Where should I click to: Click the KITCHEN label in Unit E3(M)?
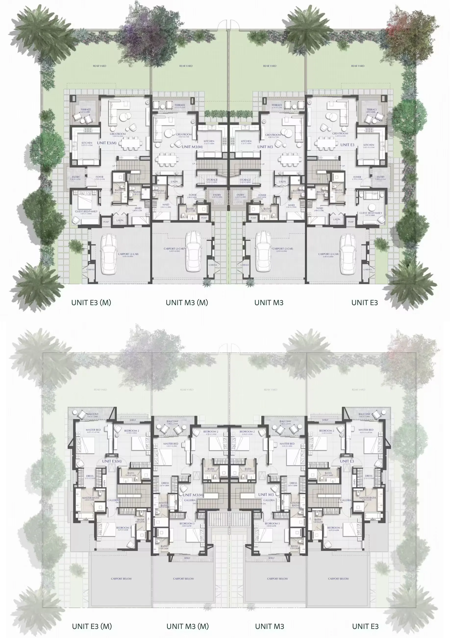pos(87,143)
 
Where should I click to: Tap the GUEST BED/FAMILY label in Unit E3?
pos(371,213)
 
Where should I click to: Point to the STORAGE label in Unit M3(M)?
pos(212,180)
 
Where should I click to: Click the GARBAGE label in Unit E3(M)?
pos(90,269)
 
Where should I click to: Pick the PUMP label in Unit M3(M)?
pos(204,218)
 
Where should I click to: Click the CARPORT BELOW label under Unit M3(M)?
pos(184,579)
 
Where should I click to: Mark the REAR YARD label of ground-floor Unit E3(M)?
pos(99,66)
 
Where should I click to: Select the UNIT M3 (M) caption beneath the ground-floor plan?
pos(187,303)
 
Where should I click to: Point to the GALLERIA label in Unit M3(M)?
pos(190,500)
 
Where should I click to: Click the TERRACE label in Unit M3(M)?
pos(180,105)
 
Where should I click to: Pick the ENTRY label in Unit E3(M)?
pos(75,177)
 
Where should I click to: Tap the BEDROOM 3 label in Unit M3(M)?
pos(186,523)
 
